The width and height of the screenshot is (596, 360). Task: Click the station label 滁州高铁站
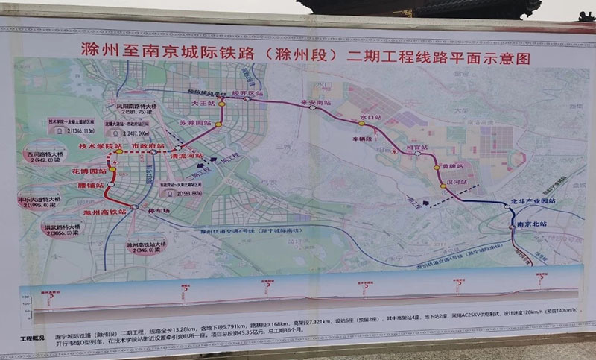click(x=104, y=212)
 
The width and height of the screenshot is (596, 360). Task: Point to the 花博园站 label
click(x=90, y=171)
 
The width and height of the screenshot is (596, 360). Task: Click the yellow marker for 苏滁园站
click(x=219, y=125)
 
